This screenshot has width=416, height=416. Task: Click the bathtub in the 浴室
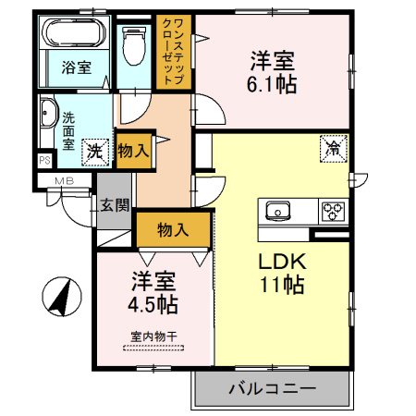point(74,32)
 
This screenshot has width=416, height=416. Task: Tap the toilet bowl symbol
point(134,45)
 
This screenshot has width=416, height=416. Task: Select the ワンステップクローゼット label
point(174,52)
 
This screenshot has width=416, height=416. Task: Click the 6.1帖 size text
point(272,84)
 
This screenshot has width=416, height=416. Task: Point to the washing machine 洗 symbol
point(95,153)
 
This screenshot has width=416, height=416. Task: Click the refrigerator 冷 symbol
point(334,149)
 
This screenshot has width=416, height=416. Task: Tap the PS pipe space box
point(45,160)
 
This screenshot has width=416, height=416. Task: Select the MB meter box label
point(65,181)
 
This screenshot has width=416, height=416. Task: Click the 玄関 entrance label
point(115,205)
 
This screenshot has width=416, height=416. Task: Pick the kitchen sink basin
point(278,211)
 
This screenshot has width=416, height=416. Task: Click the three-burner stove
point(333,212)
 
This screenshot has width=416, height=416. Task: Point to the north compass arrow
point(62,297)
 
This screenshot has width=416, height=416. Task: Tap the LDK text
point(282,262)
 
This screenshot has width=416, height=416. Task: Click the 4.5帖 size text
point(153,304)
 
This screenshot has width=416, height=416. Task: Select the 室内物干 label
point(153,336)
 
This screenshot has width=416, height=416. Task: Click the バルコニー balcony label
point(273,388)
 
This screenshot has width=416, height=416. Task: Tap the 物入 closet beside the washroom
point(133,152)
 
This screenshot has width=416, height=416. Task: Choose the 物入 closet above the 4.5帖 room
point(173,229)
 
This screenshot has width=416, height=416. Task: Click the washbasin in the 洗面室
point(48,113)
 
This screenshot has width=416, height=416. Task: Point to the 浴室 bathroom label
point(77,67)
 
